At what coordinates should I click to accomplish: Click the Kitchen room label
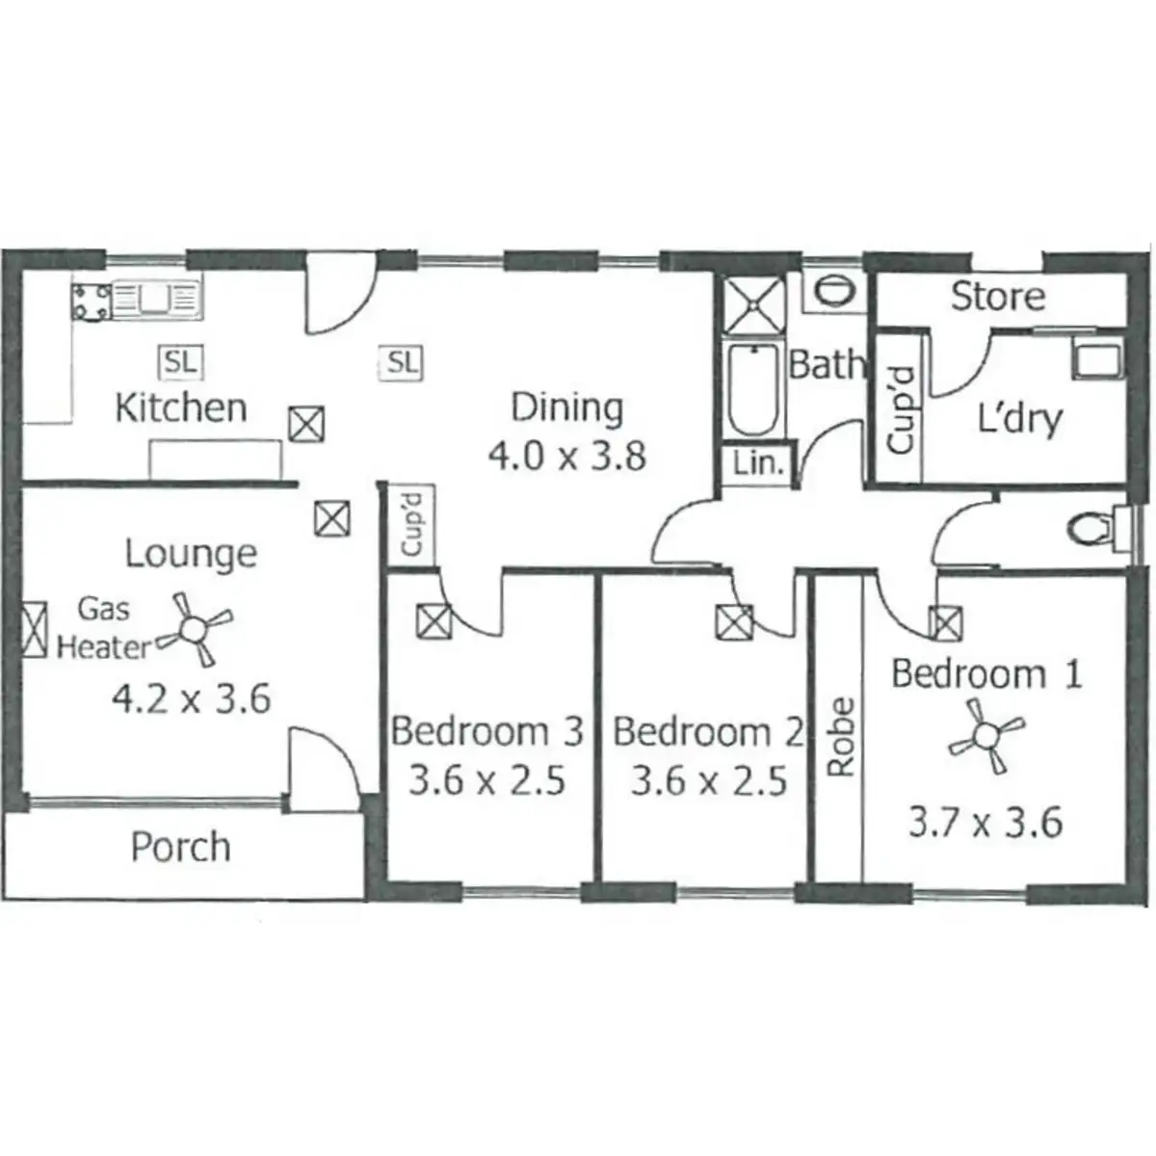coord(180,407)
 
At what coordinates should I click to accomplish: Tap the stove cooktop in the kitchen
coord(92,301)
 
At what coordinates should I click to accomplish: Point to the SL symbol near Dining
coord(403,362)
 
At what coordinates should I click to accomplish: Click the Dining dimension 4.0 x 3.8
coord(566,455)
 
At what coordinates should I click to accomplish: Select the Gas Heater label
coord(103,627)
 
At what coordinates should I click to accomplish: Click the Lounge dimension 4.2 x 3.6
coord(192,698)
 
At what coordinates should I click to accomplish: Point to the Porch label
coord(180,847)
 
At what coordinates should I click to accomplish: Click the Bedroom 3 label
coord(486,731)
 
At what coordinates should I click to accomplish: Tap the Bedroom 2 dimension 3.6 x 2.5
coord(709,779)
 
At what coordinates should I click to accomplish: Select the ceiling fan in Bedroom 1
coord(985,739)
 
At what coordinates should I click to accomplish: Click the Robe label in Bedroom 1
coord(841,737)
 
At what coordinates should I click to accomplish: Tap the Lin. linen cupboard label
coord(758,463)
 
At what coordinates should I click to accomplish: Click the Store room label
coord(997,296)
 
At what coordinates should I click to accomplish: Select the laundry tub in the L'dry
coord(1096,357)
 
